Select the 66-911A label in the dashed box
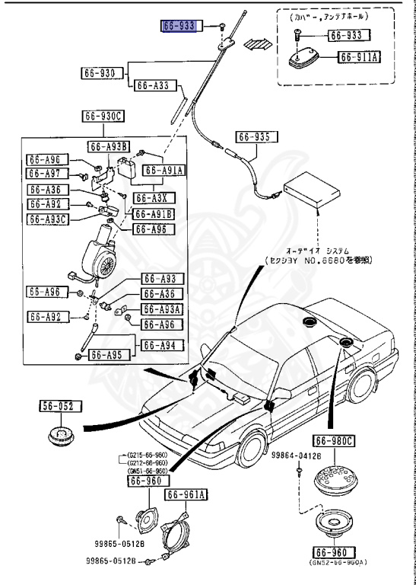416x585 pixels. pyautogui.click(x=360, y=56)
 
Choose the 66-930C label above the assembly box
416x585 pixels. pyautogui.click(x=104, y=117)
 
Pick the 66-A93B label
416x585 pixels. pyautogui.click(x=109, y=146)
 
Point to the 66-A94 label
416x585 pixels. pyautogui.click(x=160, y=345)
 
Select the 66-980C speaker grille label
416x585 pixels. pyautogui.click(x=334, y=440)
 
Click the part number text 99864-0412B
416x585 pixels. pyautogui.click(x=296, y=455)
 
